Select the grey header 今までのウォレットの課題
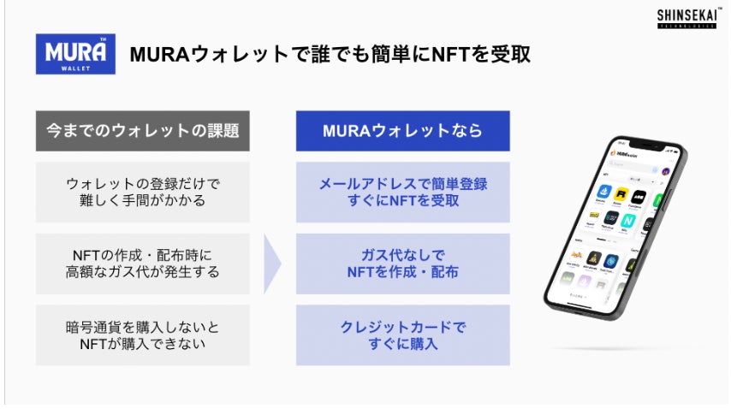143,131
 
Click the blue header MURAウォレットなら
402,131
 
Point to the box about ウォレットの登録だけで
143,192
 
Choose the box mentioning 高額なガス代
143,264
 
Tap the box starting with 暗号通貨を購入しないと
143,335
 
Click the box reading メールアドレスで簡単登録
402,192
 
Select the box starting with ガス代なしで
402,264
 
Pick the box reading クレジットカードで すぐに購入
402,335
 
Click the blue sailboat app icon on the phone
612,261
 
